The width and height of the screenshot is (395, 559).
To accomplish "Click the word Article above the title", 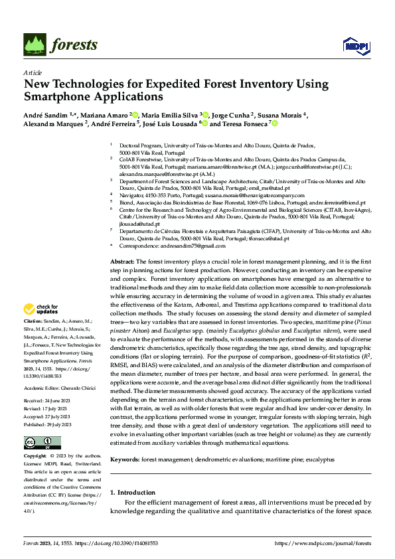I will click(33, 72).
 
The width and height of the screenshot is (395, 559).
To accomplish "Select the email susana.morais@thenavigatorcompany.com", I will click(264, 196).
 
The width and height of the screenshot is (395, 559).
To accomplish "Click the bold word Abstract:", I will click(121, 264).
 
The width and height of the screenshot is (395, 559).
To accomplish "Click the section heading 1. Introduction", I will click(133, 493).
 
